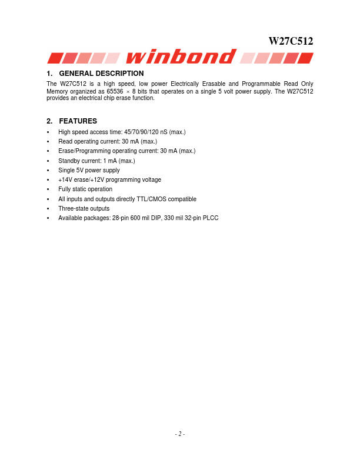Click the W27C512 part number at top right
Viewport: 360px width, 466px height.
[291, 41]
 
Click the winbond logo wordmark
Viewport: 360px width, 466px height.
[180, 57]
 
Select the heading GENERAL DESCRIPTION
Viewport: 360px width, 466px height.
[101, 74]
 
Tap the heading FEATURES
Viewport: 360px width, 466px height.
[78, 121]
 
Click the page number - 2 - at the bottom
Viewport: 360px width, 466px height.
[180, 434]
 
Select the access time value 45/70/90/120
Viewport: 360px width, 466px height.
[135, 132]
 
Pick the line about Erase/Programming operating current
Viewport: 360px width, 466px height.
[126, 151]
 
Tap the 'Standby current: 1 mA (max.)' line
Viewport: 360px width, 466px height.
[96, 161]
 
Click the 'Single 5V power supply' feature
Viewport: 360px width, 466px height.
[89, 170]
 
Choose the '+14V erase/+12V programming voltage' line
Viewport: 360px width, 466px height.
[109, 179]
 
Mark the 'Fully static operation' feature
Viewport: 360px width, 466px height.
[85, 189]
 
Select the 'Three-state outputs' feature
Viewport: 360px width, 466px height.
[84, 208]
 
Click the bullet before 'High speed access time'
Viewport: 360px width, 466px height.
[48, 132]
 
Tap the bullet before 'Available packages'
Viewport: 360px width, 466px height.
[48, 218]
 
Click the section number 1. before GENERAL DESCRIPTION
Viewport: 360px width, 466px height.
[49, 74]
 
